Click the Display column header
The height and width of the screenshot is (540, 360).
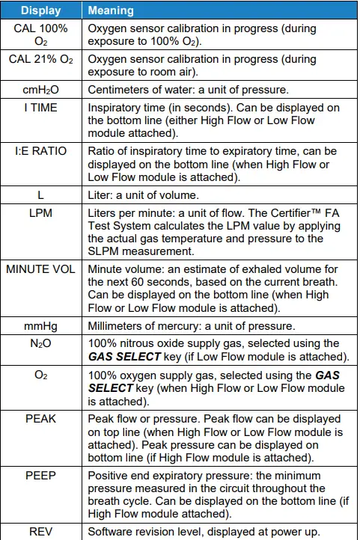[x=41, y=11]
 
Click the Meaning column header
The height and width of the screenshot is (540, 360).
[x=112, y=11]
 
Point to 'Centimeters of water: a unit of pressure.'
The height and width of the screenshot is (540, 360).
[x=192, y=90]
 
